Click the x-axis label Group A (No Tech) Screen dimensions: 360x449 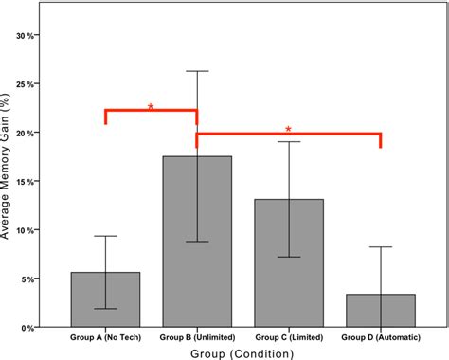coord(105,336)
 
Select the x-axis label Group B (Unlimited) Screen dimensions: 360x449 coord(197,336)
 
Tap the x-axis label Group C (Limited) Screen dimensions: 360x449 coord(289,336)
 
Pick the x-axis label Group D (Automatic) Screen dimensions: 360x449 coord(380,336)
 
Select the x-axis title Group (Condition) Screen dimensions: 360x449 coord(242,352)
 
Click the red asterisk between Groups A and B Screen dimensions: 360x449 coord(151,106)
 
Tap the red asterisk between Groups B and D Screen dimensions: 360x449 coord(288,129)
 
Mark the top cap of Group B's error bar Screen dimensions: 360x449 coord(197,71)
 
